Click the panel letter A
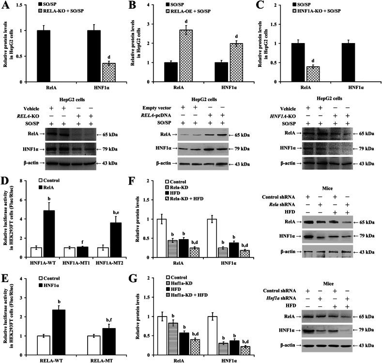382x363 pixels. (6, 7)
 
